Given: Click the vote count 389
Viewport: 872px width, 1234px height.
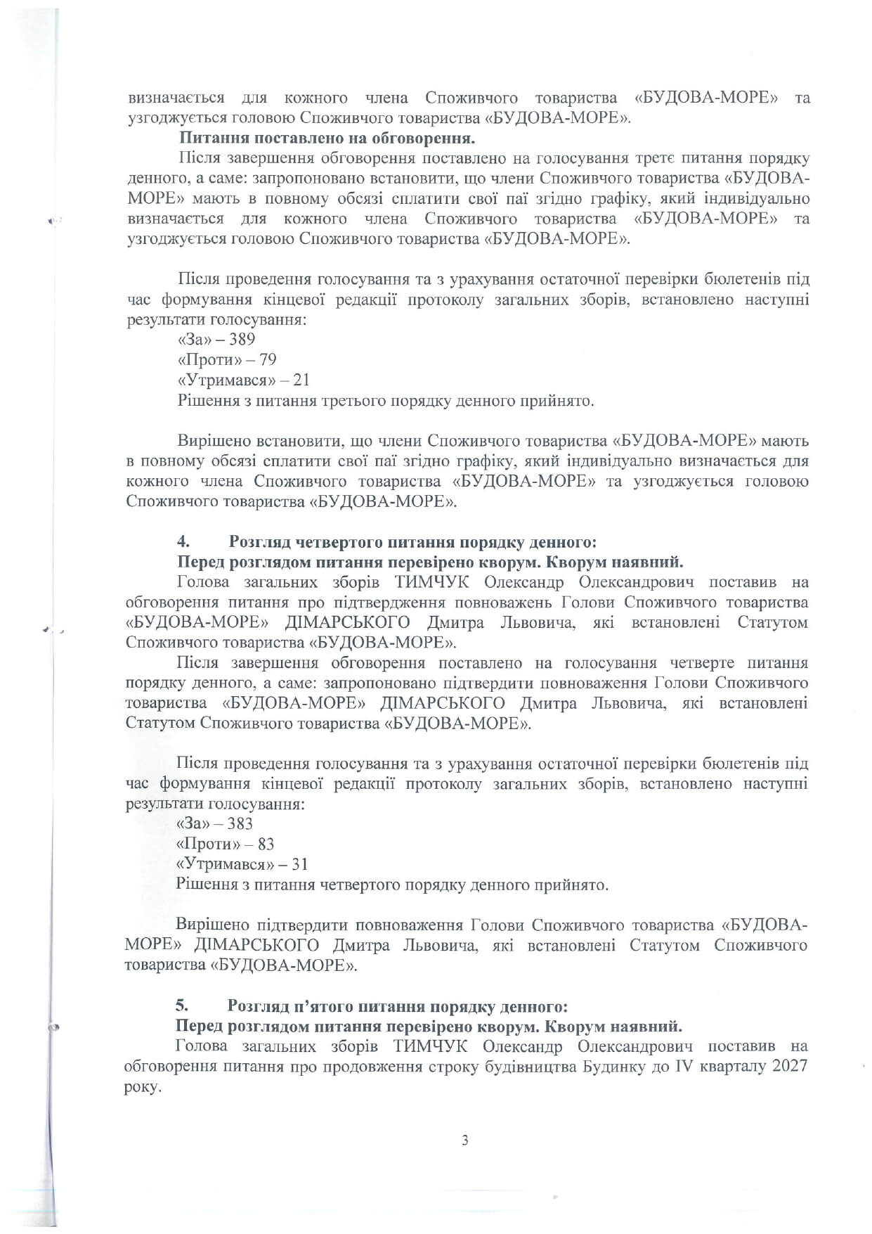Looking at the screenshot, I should click(242, 340).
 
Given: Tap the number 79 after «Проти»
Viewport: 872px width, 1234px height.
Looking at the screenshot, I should click(268, 360).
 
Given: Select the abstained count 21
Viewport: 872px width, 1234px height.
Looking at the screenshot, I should click(301, 380).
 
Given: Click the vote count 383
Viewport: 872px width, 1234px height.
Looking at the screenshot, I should click(240, 823).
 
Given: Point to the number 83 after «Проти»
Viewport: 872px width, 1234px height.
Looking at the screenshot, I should click(266, 844).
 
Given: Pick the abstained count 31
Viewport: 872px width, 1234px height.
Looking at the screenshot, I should click(300, 864).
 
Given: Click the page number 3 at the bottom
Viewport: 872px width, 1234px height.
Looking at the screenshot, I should click(464, 1140).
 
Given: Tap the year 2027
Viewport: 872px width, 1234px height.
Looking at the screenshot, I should click(789, 1066).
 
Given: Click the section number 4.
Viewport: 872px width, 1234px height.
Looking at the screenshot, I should click(182, 542).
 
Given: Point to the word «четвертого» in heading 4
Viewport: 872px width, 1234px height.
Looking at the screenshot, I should click(337, 542).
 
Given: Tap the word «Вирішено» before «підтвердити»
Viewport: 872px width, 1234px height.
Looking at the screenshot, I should click(212, 925).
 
